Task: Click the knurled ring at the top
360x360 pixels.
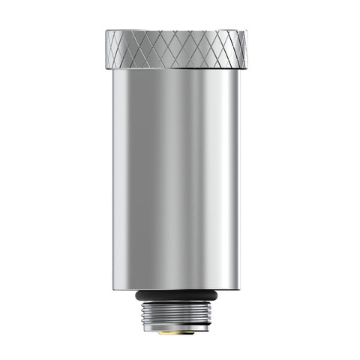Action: (x=176, y=49)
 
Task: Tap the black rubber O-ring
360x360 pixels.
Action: (x=177, y=295)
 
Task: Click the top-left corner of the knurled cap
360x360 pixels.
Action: (x=106, y=32)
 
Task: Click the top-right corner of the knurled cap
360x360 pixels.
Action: (x=247, y=32)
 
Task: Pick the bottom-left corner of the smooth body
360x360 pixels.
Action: (x=114, y=289)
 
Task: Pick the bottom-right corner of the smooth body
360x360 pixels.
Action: (x=240, y=289)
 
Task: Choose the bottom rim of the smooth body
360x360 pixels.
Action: (x=176, y=289)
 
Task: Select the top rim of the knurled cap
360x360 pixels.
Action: (x=176, y=31)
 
